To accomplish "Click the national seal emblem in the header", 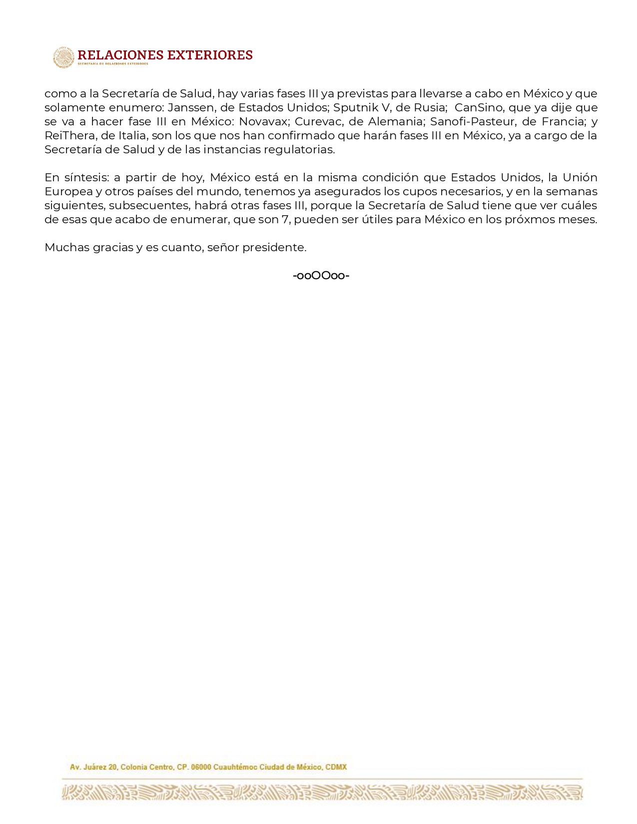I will point(63,57).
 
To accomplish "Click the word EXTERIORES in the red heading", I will point(210,55).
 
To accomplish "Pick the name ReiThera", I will point(69,136).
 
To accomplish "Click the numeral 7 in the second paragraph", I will point(286,220).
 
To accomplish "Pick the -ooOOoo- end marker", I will point(321,276).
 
